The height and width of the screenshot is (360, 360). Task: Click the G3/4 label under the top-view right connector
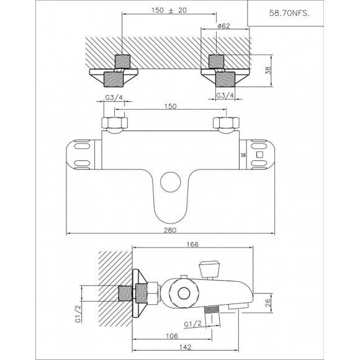(225, 95)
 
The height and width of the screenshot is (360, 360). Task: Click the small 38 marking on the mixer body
(243, 156)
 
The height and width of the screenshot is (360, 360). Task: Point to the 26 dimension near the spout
(268, 302)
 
